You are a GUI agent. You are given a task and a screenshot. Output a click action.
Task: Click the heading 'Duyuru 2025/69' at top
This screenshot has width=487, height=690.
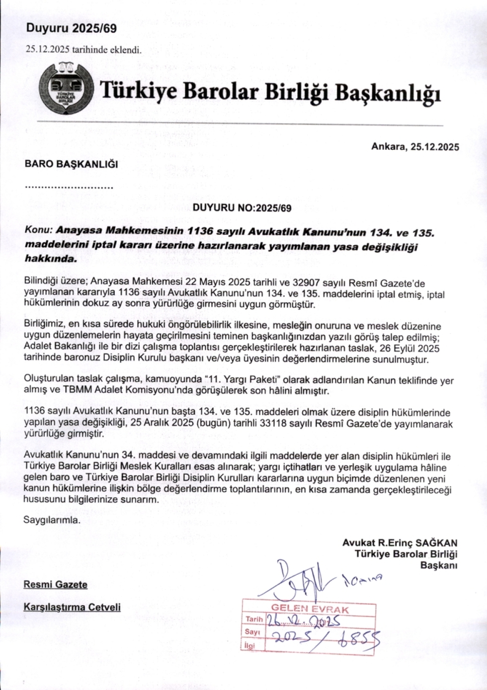(71, 29)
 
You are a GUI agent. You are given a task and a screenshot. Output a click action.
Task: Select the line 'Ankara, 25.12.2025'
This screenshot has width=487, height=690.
(415, 147)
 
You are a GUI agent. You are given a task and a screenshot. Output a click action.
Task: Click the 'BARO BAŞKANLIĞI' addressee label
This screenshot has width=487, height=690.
(71, 164)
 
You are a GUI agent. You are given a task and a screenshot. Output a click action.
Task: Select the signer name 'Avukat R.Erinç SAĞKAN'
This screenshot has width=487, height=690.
(400, 543)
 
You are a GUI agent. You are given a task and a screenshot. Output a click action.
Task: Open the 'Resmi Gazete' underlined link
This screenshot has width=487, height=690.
(56, 584)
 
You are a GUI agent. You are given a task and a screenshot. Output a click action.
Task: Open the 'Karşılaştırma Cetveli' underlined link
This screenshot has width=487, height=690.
(72, 607)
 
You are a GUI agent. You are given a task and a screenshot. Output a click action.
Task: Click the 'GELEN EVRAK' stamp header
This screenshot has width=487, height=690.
(310, 609)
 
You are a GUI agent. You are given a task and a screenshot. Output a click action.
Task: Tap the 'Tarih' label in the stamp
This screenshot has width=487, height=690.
(252, 620)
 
